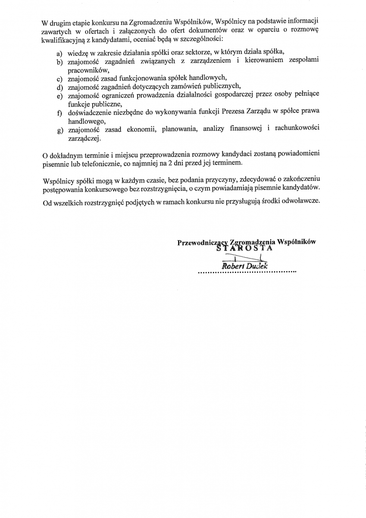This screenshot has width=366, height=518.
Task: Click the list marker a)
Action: point(59,54)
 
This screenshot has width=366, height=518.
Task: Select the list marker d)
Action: point(59,86)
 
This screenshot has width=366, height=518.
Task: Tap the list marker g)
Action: point(59,131)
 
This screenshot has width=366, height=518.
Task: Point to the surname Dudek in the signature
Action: point(257,266)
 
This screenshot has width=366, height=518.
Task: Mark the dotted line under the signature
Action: point(247,273)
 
